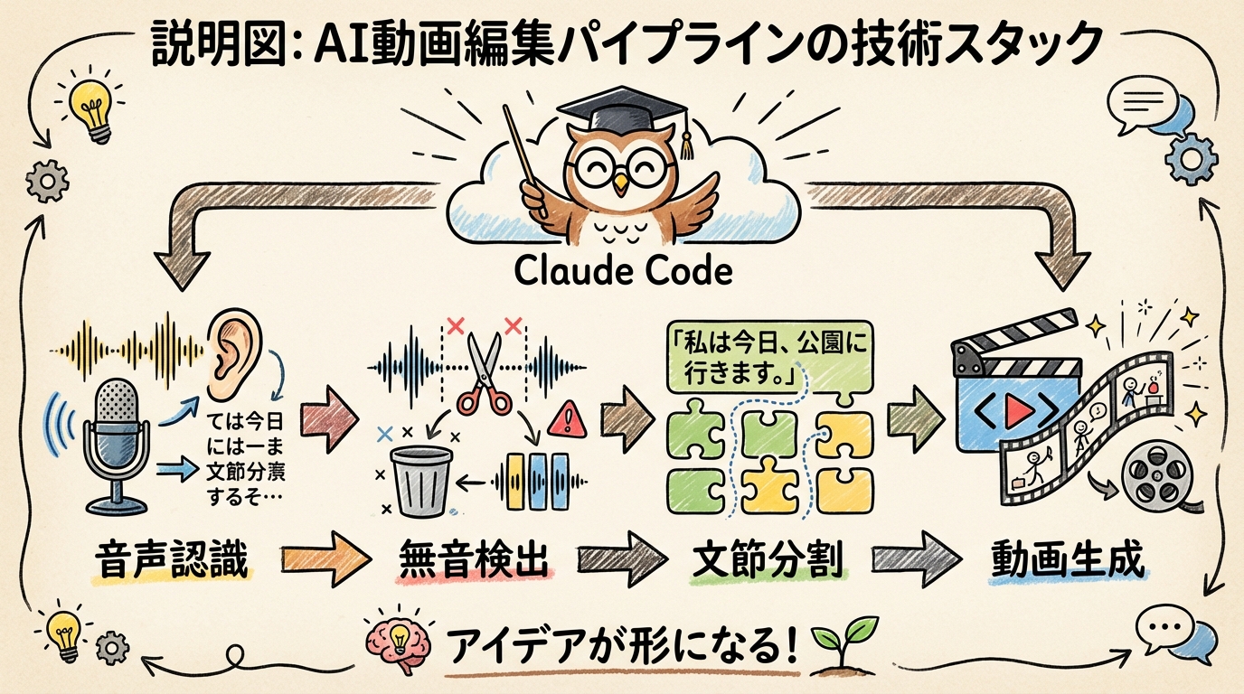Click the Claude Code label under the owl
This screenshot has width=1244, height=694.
click(621, 269)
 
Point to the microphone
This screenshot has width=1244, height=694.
click(116, 443)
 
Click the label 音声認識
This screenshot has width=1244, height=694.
click(172, 561)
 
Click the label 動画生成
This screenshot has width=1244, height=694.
click(1068, 560)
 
